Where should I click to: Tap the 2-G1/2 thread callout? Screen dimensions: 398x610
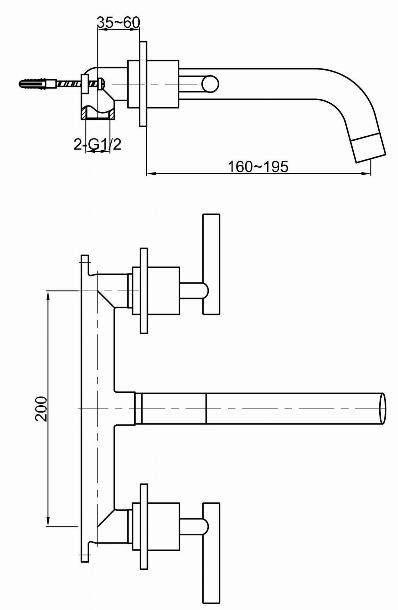98,144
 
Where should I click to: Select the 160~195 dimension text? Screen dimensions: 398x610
258,167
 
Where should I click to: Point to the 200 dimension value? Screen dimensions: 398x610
41,409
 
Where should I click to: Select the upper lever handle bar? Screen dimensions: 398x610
211,264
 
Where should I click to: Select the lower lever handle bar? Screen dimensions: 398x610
211,553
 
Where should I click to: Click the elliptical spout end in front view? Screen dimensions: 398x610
383,408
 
